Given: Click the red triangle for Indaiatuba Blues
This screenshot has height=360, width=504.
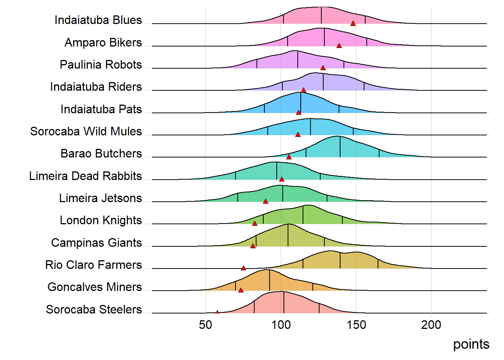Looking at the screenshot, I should (353, 23).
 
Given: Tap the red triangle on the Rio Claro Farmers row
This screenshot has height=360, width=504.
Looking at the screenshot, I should (243, 268).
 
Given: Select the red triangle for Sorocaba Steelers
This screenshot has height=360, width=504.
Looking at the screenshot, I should (217, 312).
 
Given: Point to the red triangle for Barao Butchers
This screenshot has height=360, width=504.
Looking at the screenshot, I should (289, 157).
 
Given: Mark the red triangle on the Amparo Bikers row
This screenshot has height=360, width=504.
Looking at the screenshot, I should (339, 46).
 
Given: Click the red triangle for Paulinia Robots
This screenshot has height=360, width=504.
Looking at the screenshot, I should (323, 68).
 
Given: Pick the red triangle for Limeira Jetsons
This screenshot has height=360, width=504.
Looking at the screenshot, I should (265, 201).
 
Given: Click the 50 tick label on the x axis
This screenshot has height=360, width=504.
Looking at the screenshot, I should (205, 325).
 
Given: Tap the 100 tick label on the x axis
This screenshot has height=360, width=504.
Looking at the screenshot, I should (281, 325).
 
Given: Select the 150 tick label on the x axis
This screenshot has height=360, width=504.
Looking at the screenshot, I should (356, 325).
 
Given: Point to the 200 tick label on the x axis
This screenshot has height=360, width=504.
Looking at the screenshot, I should (431, 325).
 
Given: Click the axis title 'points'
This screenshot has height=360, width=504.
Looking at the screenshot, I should (471, 344).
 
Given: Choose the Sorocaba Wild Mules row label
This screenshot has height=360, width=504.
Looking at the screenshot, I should (86, 131).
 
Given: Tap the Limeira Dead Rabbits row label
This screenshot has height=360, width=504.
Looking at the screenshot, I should (85, 176).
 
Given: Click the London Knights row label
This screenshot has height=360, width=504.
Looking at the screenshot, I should (101, 220).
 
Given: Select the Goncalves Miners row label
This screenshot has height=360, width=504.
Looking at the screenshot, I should (94, 287).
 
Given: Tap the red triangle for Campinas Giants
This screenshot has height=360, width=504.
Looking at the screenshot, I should (253, 246).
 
